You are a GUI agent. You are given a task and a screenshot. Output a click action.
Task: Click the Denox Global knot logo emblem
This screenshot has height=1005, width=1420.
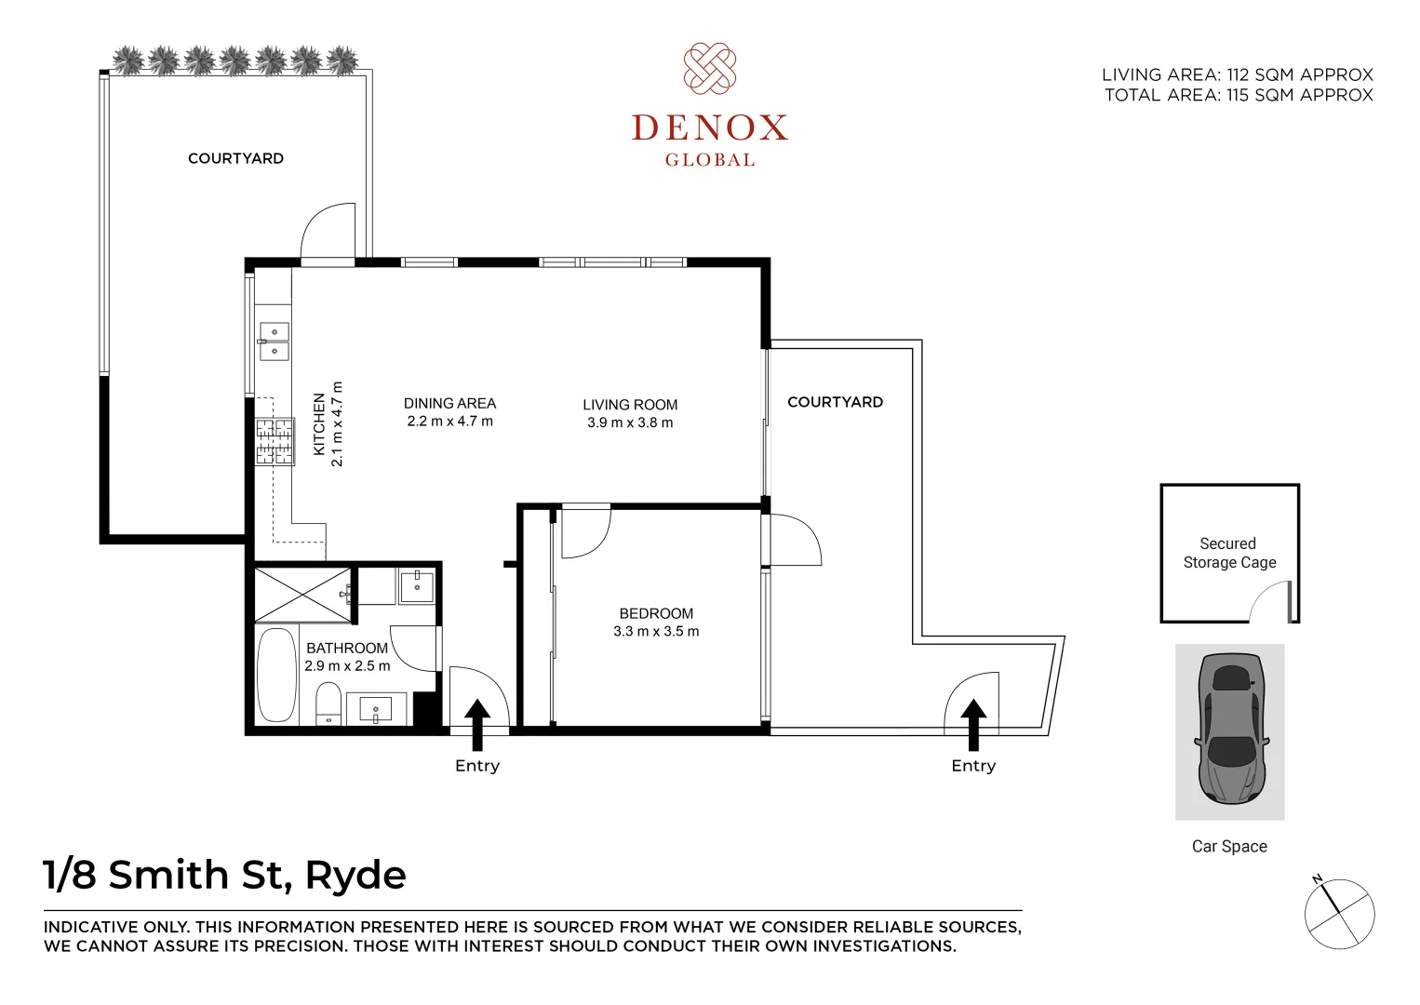(710, 69)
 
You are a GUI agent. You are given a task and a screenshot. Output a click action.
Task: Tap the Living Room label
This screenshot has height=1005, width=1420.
(630, 405)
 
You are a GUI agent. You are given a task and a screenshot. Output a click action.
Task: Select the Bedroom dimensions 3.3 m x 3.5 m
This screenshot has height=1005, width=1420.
(656, 632)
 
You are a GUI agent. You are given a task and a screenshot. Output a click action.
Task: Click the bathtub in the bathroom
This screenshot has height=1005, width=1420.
(276, 675)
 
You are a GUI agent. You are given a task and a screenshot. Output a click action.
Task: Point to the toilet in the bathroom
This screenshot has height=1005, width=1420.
(328, 703)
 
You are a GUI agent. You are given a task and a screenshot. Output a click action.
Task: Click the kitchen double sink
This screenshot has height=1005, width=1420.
(274, 341)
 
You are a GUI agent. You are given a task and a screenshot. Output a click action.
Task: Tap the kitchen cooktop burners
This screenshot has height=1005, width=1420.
(275, 442)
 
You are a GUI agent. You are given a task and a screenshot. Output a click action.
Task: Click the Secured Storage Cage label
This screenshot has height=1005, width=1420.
(1228, 553)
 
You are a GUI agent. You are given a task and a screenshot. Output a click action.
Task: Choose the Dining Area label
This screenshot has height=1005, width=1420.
(449, 404)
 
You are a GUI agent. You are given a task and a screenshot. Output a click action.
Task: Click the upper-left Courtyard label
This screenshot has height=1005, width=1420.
(235, 158)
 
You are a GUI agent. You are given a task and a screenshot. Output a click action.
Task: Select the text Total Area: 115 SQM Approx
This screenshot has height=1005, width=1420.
(1239, 95)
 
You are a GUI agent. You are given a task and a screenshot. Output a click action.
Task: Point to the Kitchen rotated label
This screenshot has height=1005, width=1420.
(319, 424)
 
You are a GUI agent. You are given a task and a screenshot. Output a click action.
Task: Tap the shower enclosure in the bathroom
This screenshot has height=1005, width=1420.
(303, 594)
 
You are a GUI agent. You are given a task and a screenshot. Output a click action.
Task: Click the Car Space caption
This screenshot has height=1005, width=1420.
(1229, 846)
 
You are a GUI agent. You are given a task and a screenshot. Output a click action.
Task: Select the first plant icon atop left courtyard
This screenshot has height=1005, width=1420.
(128, 60)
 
